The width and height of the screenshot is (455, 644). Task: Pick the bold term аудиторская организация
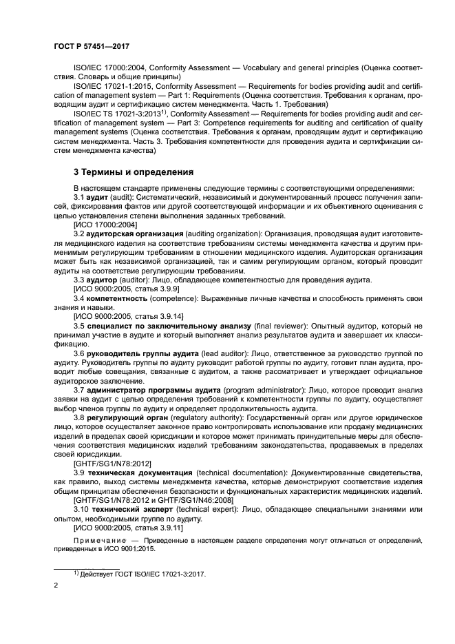point(133,234)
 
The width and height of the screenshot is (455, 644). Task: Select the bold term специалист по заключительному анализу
point(160,324)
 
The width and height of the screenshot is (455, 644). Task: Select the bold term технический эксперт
point(131,510)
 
